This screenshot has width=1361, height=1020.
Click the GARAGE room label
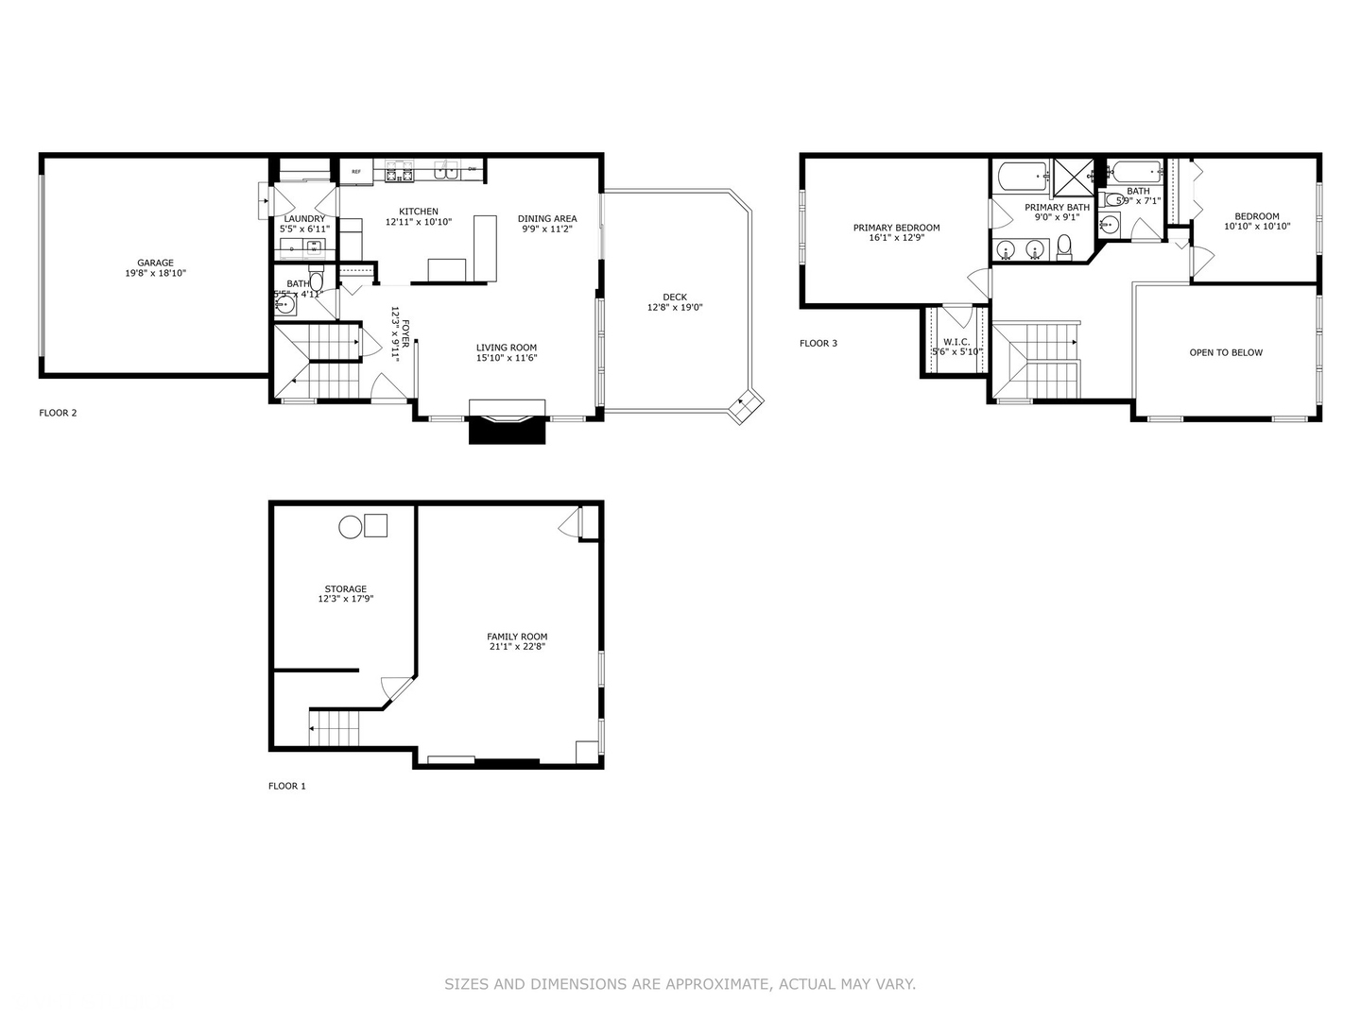(x=156, y=263)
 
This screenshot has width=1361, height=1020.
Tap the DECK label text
(x=675, y=297)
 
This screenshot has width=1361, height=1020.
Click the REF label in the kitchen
(x=356, y=172)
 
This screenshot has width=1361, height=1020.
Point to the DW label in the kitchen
(x=472, y=170)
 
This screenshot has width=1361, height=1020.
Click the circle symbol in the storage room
(x=351, y=527)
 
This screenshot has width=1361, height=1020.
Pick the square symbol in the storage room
(x=376, y=525)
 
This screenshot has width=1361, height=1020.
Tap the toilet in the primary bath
(x=1064, y=247)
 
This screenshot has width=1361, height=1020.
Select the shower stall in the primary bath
(x=1073, y=176)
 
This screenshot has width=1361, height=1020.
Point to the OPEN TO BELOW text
(x=1226, y=352)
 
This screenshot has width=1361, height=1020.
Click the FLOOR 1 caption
(x=287, y=786)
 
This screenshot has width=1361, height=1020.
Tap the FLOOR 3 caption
(x=818, y=343)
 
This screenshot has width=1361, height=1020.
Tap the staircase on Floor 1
(x=336, y=728)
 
